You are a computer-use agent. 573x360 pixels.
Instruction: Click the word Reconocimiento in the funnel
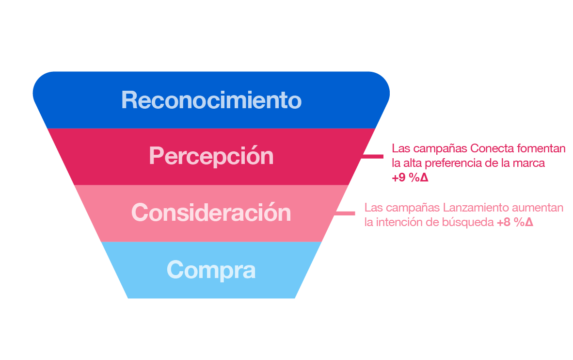click(x=211, y=100)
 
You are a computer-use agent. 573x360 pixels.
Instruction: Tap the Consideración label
click(x=211, y=213)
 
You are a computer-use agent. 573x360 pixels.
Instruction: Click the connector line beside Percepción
click(x=372, y=157)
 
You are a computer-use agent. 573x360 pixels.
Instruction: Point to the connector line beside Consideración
click(x=345, y=213)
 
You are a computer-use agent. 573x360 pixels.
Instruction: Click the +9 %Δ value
click(x=410, y=178)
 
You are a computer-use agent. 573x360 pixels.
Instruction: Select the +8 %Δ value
click(x=515, y=222)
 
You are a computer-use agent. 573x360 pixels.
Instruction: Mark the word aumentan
click(x=538, y=208)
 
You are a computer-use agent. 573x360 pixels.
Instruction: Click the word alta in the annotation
click(x=413, y=163)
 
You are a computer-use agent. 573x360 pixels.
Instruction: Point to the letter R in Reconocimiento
click(x=128, y=100)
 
